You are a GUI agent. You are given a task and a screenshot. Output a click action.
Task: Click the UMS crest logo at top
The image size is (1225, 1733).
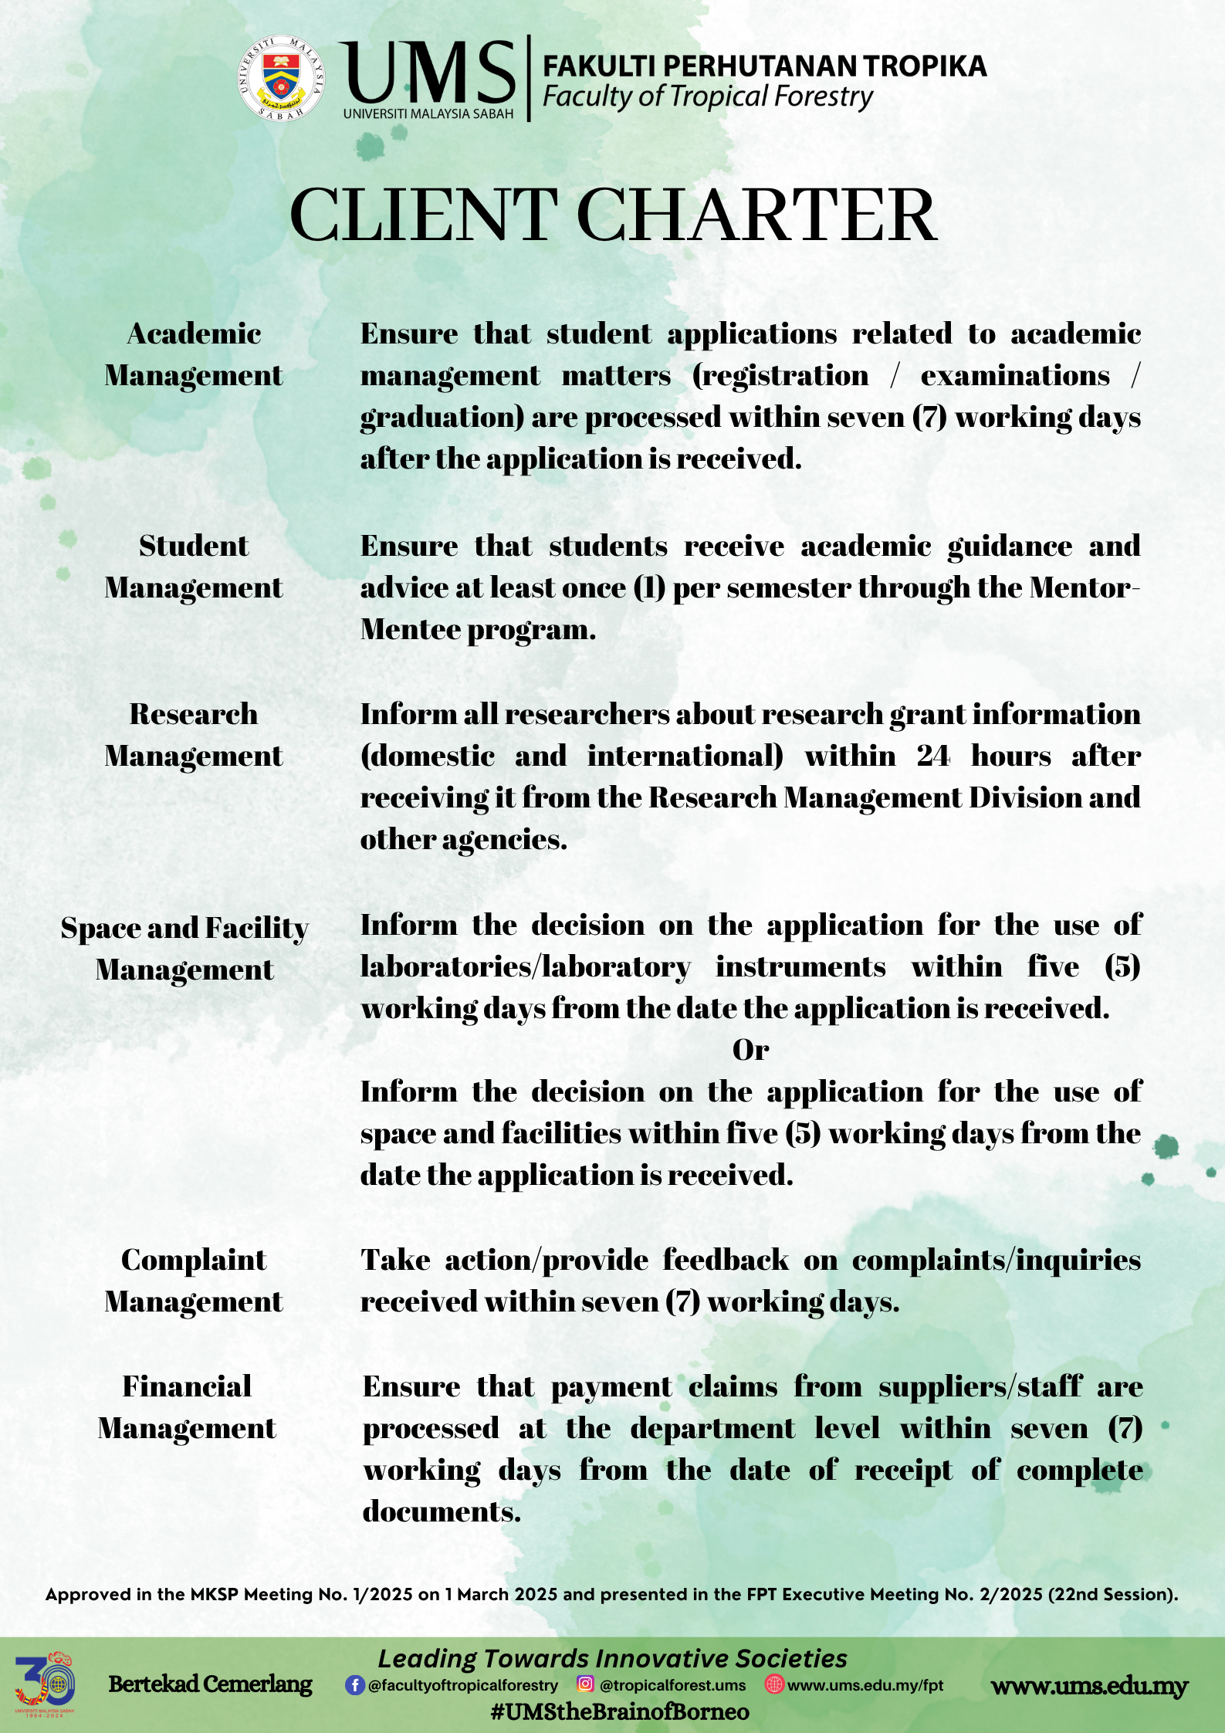tap(281, 79)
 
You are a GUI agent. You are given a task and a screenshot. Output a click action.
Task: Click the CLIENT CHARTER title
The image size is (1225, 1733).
tap(613, 215)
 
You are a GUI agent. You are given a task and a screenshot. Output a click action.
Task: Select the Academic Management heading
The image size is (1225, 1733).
tap(194, 354)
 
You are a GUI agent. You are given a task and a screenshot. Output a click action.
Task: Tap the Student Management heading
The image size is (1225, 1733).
tap(194, 567)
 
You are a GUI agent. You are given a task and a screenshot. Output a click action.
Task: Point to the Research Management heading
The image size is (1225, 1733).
tap(194, 735)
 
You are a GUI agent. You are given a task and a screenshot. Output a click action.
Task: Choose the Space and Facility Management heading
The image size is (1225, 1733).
tap(185, 949)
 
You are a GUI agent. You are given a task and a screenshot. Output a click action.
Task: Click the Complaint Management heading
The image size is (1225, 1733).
tap(194, 1281)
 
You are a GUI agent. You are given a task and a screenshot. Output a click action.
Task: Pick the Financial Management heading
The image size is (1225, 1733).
tap(187, 1407)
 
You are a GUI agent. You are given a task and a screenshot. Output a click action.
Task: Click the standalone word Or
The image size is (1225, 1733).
tap(750, 1050)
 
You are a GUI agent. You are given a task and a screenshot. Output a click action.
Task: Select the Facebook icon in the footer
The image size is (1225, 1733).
tap(354, 1684)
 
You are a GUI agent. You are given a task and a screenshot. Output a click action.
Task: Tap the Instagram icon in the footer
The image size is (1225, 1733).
tap(586, 1684)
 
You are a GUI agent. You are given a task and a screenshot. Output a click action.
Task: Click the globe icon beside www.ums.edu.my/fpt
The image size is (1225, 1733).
tap(773, 1684)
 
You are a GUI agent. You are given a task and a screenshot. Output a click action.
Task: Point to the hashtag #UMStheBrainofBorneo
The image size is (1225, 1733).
tap(620, 1712)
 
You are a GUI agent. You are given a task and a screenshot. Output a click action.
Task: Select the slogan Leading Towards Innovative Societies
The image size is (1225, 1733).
tap(612, 1658)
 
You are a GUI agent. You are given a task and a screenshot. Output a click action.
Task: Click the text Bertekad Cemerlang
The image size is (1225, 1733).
tap(210, 1684)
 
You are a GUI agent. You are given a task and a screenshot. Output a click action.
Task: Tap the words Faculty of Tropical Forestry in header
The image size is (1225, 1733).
tap(707, 97)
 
